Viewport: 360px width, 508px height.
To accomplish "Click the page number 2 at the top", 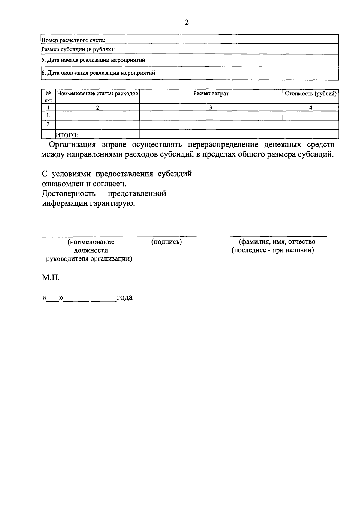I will click(187, 22).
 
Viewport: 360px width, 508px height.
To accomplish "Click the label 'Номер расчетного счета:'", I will click(73, 40).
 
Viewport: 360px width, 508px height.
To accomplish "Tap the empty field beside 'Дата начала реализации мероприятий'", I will click(271, 60).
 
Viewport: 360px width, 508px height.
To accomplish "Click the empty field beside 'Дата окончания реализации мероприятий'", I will click(271, 73).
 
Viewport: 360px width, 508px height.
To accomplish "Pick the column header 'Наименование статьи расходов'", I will click(98, 94).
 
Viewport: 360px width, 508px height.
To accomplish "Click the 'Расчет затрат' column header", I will click(211, 94).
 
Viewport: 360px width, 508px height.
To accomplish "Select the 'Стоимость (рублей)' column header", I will click(310, 94).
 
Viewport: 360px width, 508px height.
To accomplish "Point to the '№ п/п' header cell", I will click(48, 96).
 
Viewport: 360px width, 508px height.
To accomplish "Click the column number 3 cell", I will click(211, 108).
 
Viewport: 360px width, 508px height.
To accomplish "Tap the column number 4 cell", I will click(310, 108).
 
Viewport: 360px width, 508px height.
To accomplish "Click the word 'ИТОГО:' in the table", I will click(67, 135).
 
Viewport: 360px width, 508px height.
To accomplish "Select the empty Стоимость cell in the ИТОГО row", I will click(310, 134).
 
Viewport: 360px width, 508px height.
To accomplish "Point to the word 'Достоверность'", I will click(69, 193).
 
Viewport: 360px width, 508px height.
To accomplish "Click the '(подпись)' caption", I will click(167, 242).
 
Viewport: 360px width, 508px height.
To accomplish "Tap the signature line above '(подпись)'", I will click(167, 237).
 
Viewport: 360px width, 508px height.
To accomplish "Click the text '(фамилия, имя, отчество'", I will click(277, 242).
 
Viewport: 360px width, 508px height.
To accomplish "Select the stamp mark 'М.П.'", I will click(51, 278).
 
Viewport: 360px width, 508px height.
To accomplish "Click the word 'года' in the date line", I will click(124, 297).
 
